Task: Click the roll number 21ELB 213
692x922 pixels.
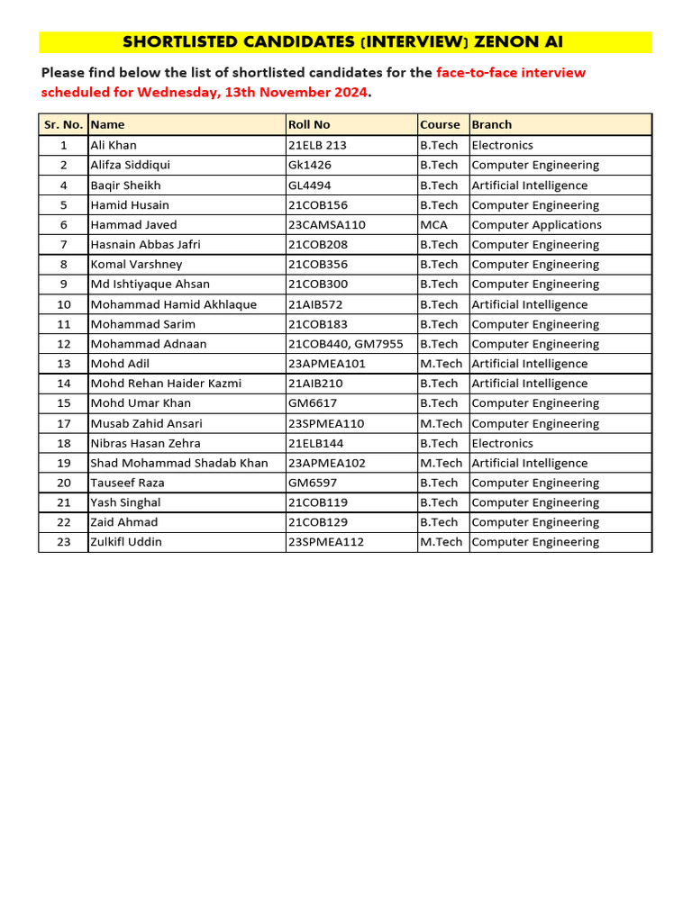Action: [x=317, y=145]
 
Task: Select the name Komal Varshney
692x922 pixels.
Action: [x=136, y=265]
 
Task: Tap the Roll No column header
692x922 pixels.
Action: [x=309, y=124]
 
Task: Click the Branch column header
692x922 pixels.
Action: [x=492, y=124]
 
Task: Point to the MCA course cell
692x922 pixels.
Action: [x=433, y=225]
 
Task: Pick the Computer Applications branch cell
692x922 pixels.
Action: [x=536, y=225]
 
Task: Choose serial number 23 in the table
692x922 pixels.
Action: [x=64, y=542]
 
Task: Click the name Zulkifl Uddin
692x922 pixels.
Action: [x=126, y=542]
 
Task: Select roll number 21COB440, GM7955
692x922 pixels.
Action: [x=345, y=344]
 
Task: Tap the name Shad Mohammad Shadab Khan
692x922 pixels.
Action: [x=179, y=463]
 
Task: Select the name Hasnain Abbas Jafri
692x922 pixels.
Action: [x=145, y=245]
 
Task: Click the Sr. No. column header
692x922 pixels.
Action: [x=63, y=124]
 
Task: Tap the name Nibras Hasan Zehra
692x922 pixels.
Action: [x=145, y=443]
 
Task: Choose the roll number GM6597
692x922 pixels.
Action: [x=313, y=483]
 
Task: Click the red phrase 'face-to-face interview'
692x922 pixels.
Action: [x=511, y=72]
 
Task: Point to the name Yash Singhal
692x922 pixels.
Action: [x=125, y=502]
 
